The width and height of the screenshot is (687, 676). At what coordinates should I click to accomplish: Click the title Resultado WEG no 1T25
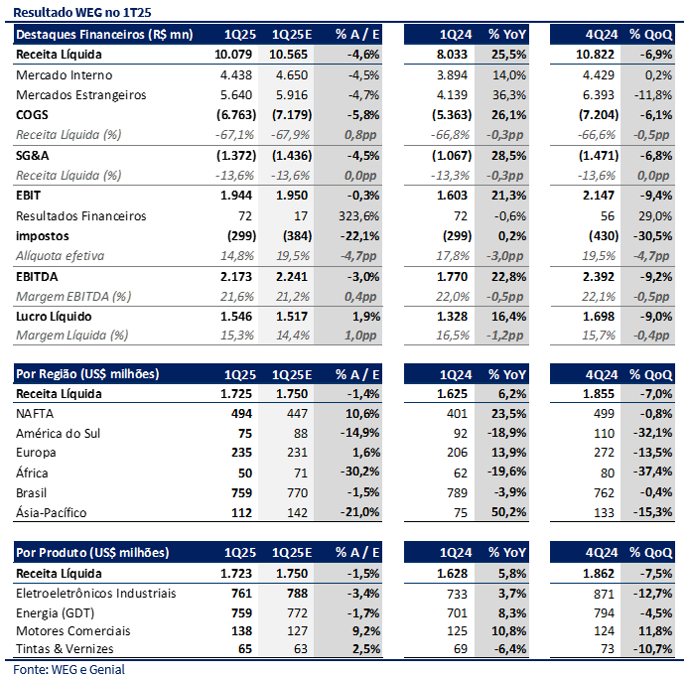[82, 12]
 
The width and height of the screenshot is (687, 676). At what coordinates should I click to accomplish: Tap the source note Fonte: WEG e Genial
[69, 669]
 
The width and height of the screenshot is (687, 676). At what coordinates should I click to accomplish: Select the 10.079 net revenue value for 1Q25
[233, 55]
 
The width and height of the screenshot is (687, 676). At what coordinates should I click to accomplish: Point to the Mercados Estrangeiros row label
[81, 95]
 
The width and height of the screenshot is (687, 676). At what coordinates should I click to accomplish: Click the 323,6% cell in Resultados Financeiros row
[358, 216]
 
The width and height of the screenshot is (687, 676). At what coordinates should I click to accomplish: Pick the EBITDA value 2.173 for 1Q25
[236, 277]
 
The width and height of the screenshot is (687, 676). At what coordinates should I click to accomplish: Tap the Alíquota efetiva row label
[60, 256]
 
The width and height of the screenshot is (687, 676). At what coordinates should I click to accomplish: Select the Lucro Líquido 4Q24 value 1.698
[599, 317]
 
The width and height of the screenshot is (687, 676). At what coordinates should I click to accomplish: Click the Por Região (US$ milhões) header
[87, 374]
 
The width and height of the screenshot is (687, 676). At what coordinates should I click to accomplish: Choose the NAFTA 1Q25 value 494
[242, 414]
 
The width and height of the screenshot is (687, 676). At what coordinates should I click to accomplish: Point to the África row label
[32, 473]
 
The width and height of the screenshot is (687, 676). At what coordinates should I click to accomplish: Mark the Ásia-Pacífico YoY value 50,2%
[508, 512]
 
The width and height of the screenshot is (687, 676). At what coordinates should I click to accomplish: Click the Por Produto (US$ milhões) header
[92, 553]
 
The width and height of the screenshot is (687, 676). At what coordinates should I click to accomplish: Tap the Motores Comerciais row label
[73, 631]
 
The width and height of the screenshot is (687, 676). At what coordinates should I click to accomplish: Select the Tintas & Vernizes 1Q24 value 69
[461, 649]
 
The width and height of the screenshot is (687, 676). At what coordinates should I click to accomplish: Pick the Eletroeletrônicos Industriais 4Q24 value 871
[605, 594]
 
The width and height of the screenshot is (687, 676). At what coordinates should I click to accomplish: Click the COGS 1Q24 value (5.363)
[452, 115]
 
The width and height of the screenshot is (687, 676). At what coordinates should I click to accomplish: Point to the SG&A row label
[33, 156]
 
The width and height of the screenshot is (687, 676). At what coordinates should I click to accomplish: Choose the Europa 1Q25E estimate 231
[298, 453]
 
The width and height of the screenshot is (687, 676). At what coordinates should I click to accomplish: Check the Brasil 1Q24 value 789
[457, 493]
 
